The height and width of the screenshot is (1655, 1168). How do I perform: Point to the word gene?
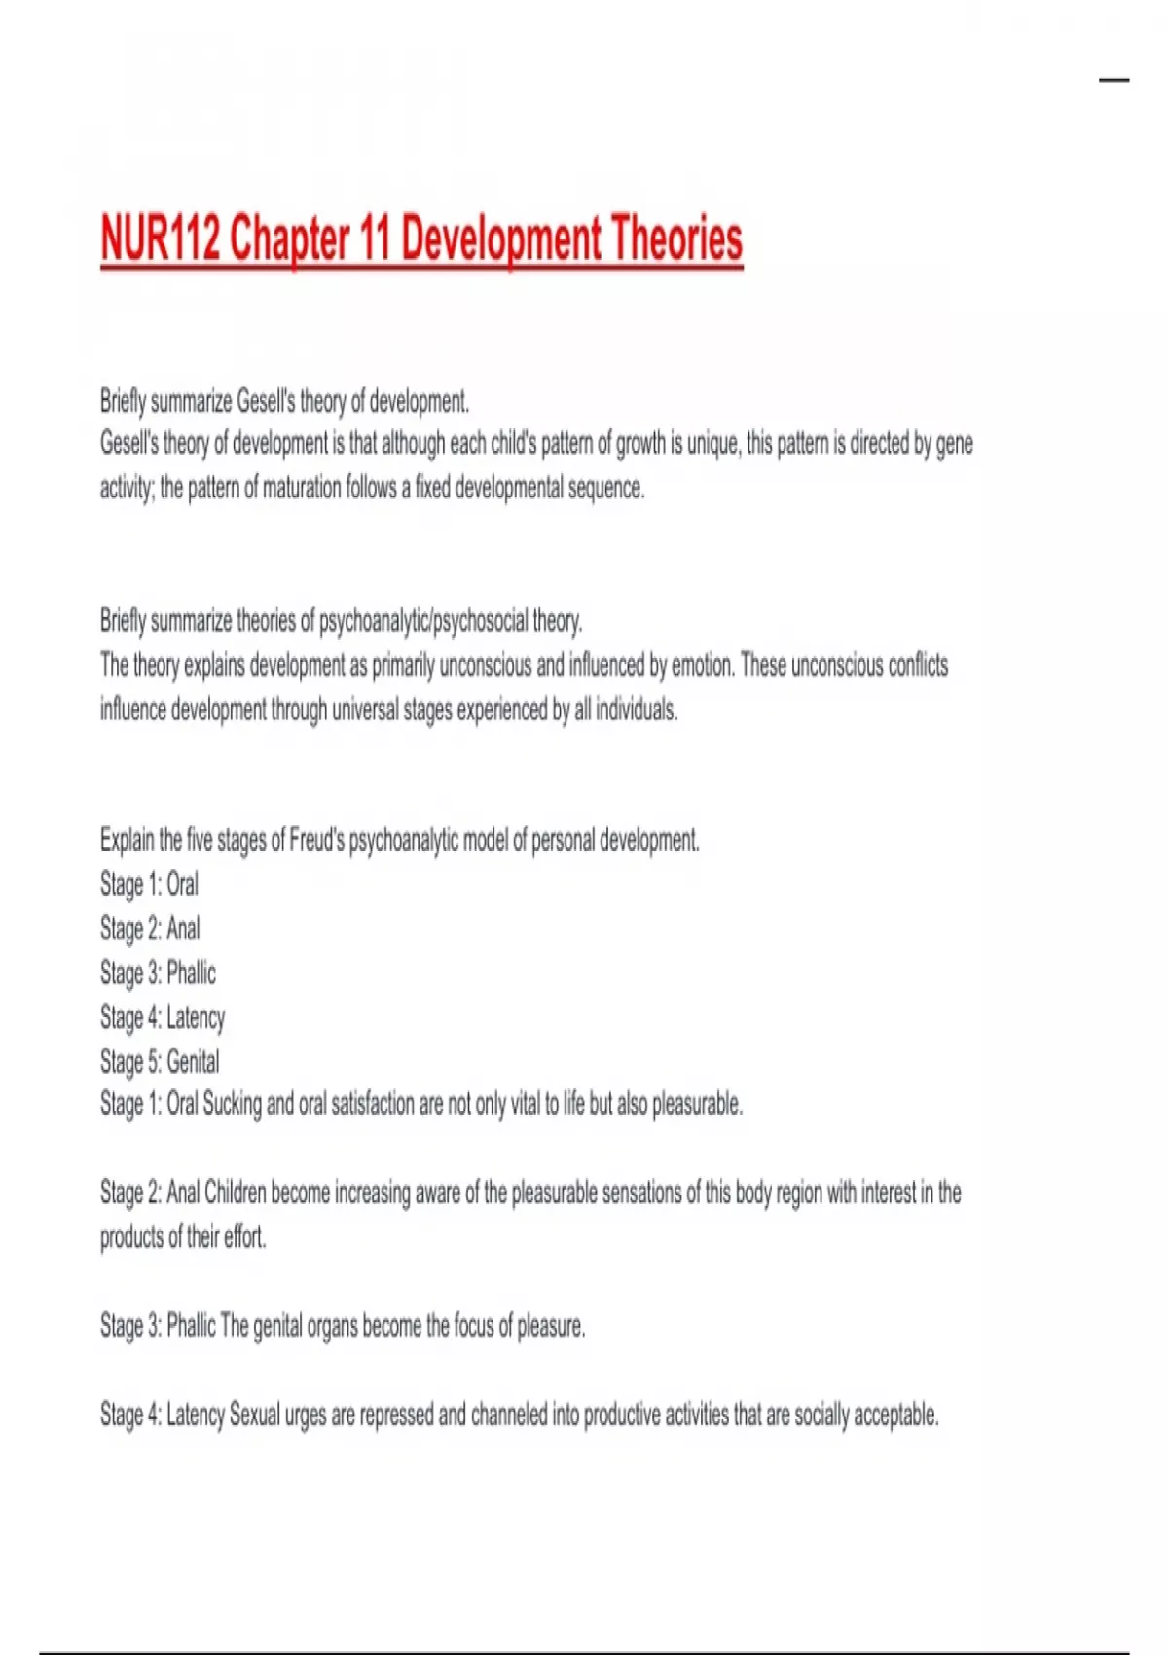point(954,445)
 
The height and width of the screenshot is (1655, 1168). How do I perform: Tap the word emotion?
point(699,665)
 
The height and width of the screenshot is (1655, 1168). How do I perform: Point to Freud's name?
point(316,840)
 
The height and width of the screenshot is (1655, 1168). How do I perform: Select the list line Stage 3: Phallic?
point(158,973)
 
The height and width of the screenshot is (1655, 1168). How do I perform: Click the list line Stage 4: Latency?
point(163,1017)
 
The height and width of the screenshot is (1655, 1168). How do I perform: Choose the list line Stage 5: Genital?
point(160,1061)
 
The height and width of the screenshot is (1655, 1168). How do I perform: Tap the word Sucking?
point(232,1105)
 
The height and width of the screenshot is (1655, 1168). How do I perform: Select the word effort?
point(244,1237)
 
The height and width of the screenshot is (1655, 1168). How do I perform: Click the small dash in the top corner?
point(1113,80)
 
